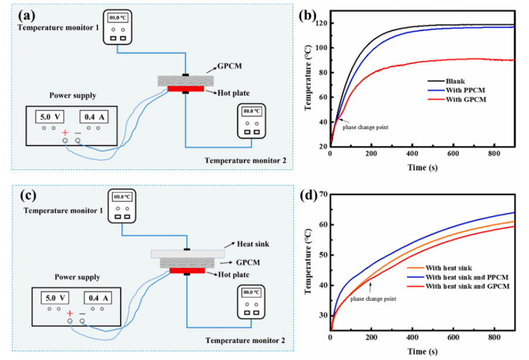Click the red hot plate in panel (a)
coord(185,89)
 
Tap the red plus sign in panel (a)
coord(65,133)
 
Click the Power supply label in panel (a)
coord(73,95)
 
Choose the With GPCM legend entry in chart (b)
coord(464,100)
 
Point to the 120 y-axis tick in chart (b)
coord(320,23)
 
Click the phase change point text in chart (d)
coord(373,299)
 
